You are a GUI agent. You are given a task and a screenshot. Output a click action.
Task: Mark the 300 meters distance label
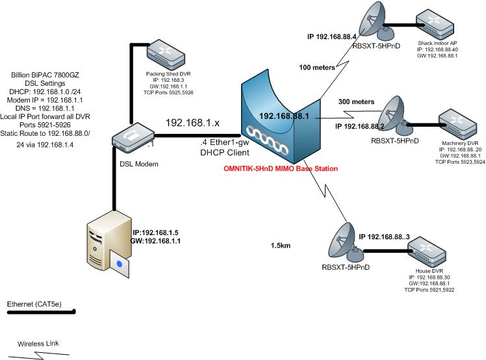pyautogui.click(x=356, y=102)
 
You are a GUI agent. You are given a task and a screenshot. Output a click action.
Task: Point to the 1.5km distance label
pyautogui.click(x=281, y=246)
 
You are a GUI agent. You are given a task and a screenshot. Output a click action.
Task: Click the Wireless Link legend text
pyautogui.click(x=39, y=343)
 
